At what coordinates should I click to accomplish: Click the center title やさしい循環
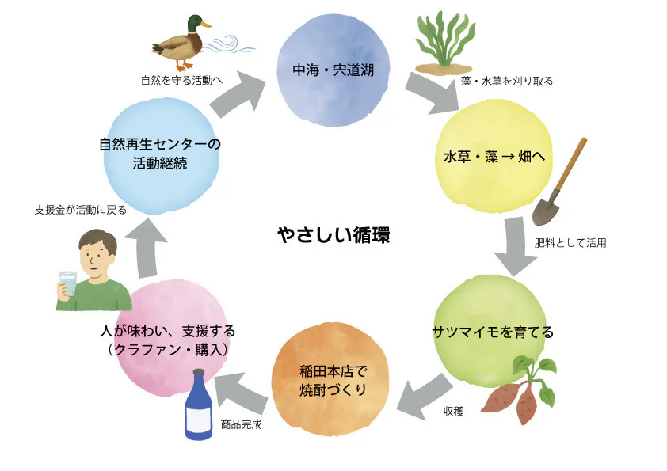click(333, 235)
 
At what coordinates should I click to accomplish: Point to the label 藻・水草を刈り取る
click(507, 82)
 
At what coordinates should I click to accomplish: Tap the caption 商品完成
click(241, 424)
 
